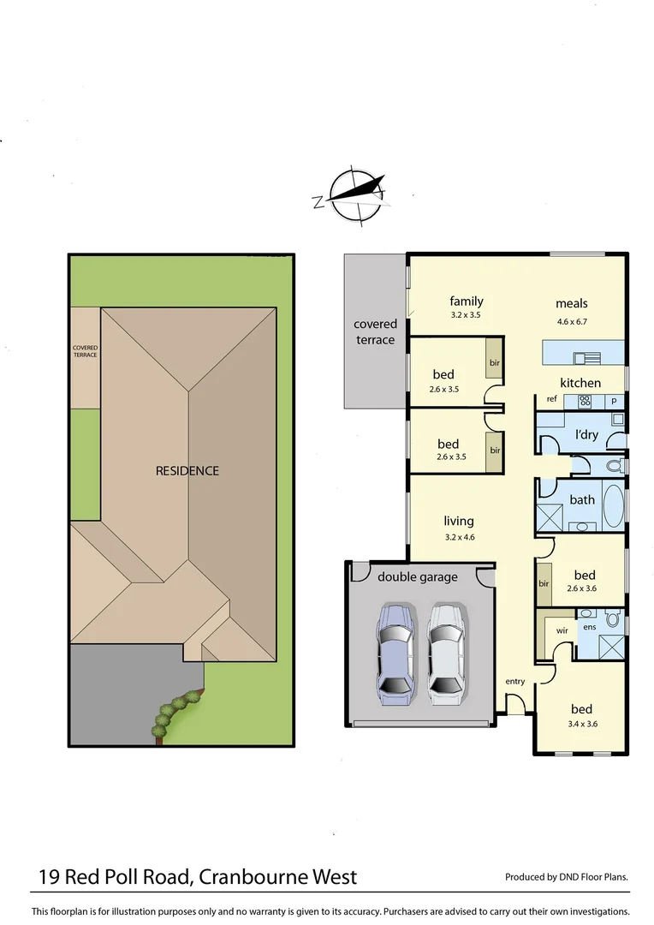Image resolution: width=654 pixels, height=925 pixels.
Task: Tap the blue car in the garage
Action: (x=395, y=650)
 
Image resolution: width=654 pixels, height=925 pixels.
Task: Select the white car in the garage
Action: (x=447, y=650)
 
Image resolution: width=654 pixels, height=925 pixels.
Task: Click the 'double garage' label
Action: (x=418, y=577)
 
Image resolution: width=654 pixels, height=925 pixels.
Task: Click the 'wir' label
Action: (x=562, y=630)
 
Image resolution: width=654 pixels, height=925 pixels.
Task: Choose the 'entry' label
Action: (x=515, y=681)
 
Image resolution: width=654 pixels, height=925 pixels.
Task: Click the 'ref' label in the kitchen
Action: (x=551, y=400)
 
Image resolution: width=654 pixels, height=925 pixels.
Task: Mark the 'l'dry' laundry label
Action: (x=586, y=435)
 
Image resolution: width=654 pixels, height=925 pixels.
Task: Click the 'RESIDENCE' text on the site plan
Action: (x=187, y=470)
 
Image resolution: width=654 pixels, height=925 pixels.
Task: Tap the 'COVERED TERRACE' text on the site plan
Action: (x=85, y=351)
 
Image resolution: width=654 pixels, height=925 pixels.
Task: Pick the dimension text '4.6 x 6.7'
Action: (x=571, y=322)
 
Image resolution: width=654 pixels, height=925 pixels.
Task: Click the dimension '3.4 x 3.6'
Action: (x=582, y=725)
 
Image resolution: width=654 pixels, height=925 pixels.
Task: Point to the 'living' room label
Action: (x=459, y=521)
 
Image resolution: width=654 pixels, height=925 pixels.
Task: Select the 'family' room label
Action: (x=467, y=301)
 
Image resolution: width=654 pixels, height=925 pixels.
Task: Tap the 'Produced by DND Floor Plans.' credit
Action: (x=567, y=876)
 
